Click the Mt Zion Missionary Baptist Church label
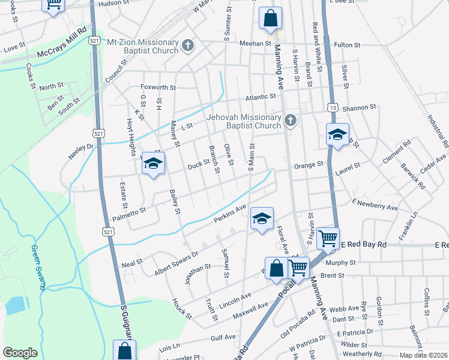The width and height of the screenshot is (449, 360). pyautogui.click(x=142, y=46)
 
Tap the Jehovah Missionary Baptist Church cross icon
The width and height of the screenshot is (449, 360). pyautogui.click(x=291, y=121)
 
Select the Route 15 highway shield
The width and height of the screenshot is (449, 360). pyautogui.click(x=332, y=106)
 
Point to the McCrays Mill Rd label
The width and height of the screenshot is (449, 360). pyautogui.click(x=62, y=43)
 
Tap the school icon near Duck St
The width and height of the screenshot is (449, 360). pyautogui.click(x=153, y=163)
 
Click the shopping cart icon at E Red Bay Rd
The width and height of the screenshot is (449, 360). pyautogui.click(x=328, y=238)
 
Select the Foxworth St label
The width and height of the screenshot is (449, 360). pyautogui.click(x=158, y=87)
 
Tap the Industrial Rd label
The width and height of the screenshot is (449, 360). pyautogui.click(x=437, y=133)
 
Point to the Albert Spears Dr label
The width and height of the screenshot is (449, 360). pyautogui.click(x=176, y=253)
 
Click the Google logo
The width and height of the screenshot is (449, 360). pyautogui.click(x=20, y=352)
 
